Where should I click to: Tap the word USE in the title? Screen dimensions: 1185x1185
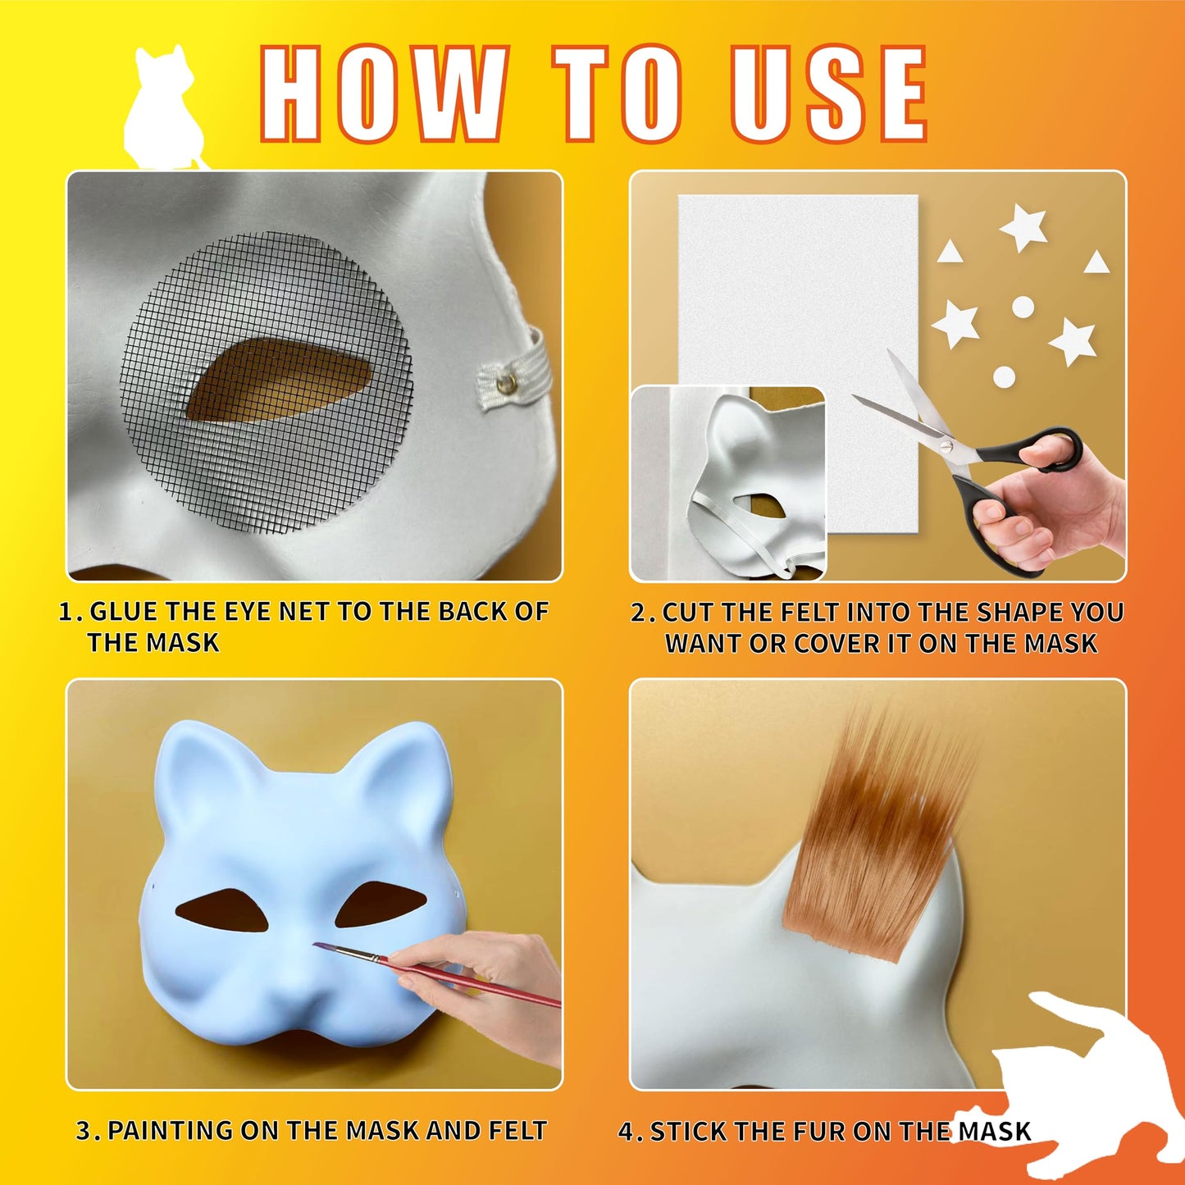[829, 93]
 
